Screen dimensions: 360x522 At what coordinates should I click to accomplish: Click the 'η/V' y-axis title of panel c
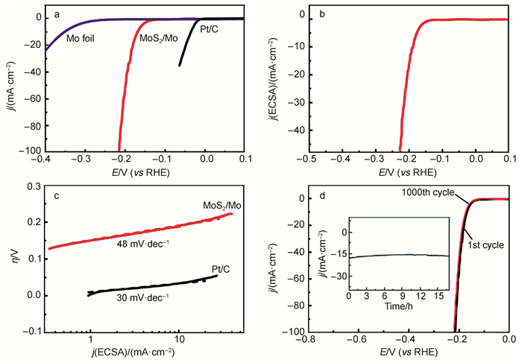pos(14,255)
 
